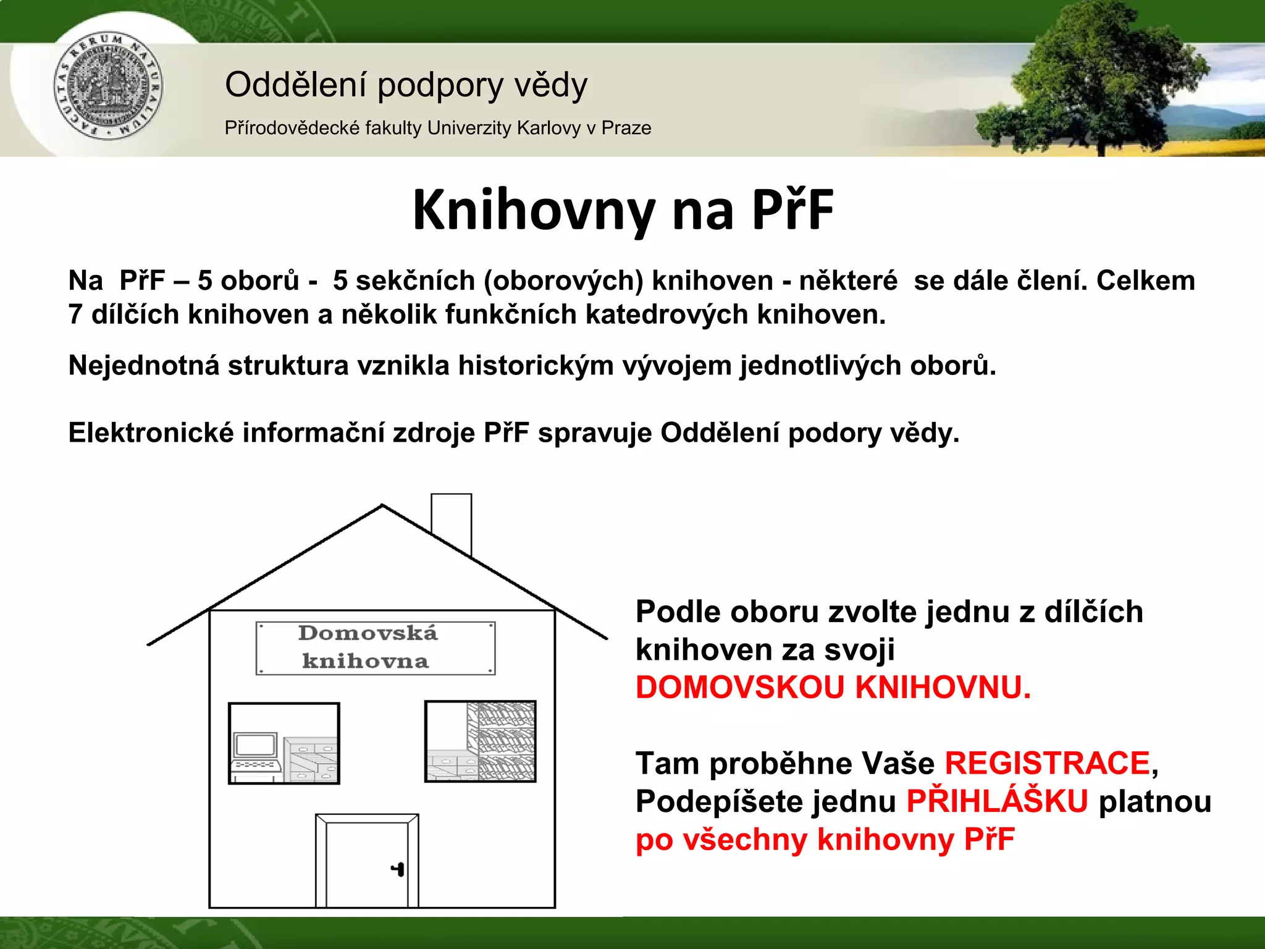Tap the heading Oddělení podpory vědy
(x=406, y=85)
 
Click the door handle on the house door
(x=398, y=869)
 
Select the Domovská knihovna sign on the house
(x=375, y=647)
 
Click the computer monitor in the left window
(x=255, y=745)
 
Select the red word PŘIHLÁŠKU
(x=997, y=801)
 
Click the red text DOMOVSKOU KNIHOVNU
(x=833, y=688)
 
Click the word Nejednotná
(x=144, y=366)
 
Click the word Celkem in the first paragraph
(x=1146, y=281)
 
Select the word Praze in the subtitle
(x=626, y=128)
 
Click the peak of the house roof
(x=382, y=507)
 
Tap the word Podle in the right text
(x=678, y=612)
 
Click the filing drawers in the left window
(x=311, y=760)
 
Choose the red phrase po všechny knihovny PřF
(x=825, y=840)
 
